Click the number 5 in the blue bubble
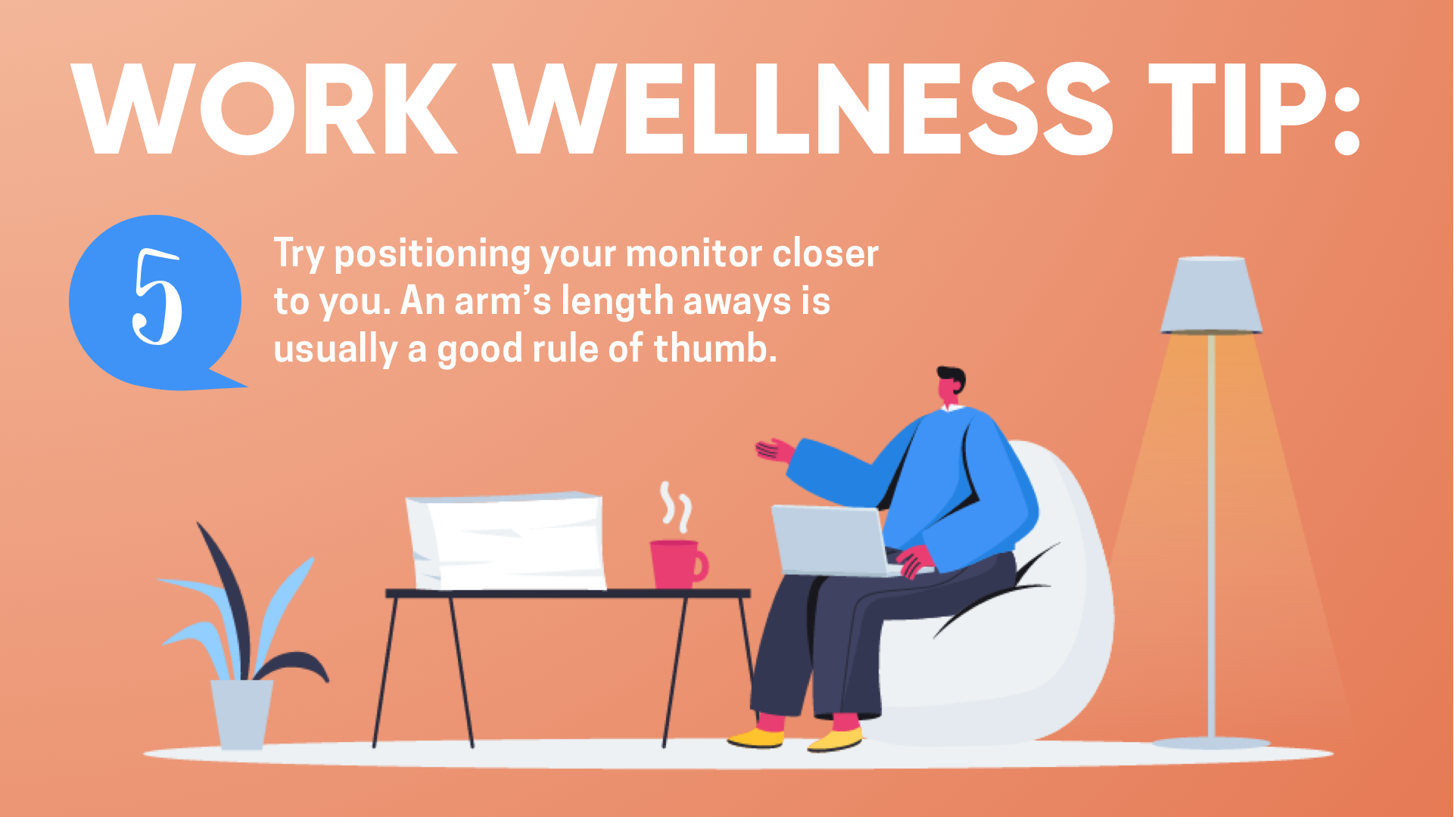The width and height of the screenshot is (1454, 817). (157, 297)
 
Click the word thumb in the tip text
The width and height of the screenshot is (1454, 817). (715, 348)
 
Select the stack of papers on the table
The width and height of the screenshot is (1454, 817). (506, 541)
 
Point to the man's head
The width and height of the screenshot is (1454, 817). (951, 386)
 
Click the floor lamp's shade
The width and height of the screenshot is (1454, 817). (1211, 295)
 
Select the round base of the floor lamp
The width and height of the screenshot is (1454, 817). (1211, 743)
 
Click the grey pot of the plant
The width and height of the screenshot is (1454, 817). (242, 714)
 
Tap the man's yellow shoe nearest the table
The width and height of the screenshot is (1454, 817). (756, 737)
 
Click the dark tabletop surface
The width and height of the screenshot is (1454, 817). (568, 594)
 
